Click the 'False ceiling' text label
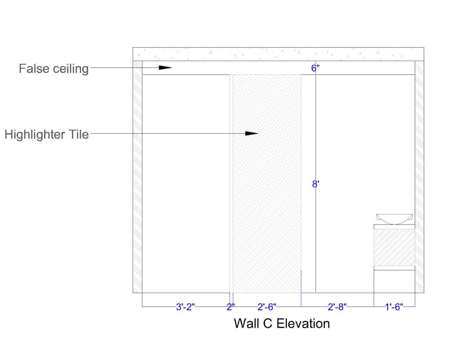[54, 69]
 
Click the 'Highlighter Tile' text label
[47, 134]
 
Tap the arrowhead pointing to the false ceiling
[165, 68]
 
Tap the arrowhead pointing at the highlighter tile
[251, 133]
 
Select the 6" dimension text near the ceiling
[315, 68]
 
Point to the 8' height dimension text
[315, 184]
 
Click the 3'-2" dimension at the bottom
[185, 307]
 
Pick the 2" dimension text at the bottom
[231, 307]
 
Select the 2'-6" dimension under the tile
[267, 307]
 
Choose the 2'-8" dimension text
[337, 307]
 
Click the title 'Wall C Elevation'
[282, 324]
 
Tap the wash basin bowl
[394, 218]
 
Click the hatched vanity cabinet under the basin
[394, 247]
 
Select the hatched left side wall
[138, 176]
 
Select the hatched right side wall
[419, 176]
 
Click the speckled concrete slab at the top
[278, 54]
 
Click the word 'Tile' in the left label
[79, 134]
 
